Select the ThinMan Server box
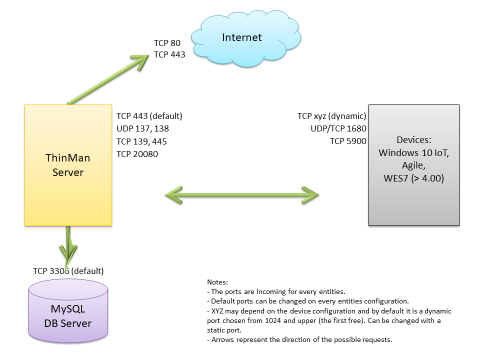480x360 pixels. [x=68, y=165]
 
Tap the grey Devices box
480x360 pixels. [x=413, y=165]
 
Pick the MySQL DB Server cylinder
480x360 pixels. [x=68, y=315]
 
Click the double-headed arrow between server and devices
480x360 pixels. [x=242, y=193]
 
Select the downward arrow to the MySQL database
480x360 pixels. [x=68, y=245]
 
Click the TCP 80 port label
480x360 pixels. [x=167, y=43]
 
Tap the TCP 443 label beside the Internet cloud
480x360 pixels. [x=169, y=54]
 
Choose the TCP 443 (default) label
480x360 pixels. [x=149, y=116]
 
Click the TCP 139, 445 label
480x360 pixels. [x=141, y=141]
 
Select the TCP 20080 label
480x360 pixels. [x=137, y=154]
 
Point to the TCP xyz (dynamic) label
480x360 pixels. [x=331, y=116]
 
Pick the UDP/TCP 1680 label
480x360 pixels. [x=338, y=129]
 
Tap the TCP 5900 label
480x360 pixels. [x=348, y=141]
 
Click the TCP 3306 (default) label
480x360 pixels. [x=68, y=271]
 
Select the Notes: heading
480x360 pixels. [x=217, y=282]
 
